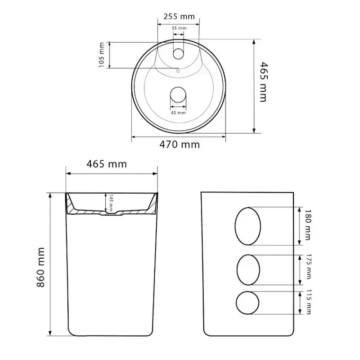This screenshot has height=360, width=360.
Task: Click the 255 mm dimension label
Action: click(x=179, y=17)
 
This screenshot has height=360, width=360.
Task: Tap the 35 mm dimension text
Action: click(x=179, y=28)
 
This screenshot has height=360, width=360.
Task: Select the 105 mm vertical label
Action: click(x=102, y=55)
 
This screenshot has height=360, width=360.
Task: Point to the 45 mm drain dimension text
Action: click(x=178, y=113)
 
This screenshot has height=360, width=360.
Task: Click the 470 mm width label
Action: click(x=180, y=144)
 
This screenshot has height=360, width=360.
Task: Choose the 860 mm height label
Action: click(x=40, y=267)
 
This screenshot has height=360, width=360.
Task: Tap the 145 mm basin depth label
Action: click(x=111, y=202)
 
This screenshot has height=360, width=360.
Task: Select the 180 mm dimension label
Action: click(x=308, y=225)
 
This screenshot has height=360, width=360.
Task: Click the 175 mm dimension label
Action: click(x=309, y=266)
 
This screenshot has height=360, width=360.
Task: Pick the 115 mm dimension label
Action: click(x=309, y=301)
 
